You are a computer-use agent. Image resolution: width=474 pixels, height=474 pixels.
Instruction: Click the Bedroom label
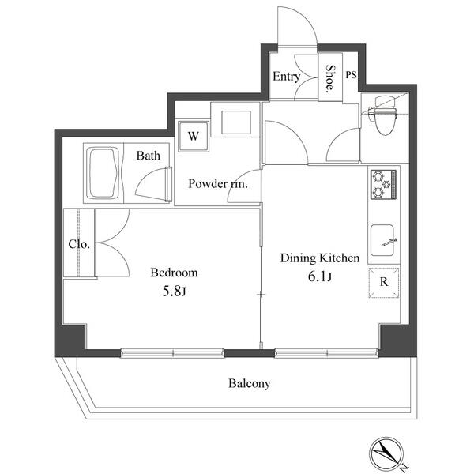(x=174, y=273)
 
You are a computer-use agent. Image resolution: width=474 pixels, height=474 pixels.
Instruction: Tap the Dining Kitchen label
(x=320, y=258)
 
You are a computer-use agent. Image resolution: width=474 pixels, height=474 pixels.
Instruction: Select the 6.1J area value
(x=320, y=276)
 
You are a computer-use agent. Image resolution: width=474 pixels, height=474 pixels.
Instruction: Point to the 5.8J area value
(x=174, y=292)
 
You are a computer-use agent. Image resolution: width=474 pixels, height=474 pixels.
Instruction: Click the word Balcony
(x=249, y=383)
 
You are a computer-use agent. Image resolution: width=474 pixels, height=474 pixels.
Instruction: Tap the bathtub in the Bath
(x=103, y=173)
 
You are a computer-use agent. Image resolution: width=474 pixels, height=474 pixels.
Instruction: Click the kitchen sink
(x=382, y=240)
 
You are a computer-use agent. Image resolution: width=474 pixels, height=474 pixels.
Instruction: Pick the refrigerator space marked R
(x=384, y=282)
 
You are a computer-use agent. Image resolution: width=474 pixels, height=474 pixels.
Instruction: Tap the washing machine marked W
(x=194, y=136)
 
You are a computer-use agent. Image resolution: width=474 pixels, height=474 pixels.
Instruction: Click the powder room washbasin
(x=236, y=122)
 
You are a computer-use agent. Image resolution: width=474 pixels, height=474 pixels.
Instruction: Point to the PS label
(x=351, y=75)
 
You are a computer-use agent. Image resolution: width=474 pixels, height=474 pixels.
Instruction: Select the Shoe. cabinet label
(x=329, y=78)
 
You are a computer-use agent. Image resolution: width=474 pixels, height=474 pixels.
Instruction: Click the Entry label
(x=286, y=77)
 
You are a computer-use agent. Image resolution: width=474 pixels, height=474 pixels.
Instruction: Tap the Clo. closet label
(x=79, y=244)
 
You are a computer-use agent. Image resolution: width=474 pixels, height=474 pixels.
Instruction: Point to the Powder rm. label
(x=218, y=184)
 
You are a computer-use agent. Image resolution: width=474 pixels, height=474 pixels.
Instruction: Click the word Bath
(x=149, y=156)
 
